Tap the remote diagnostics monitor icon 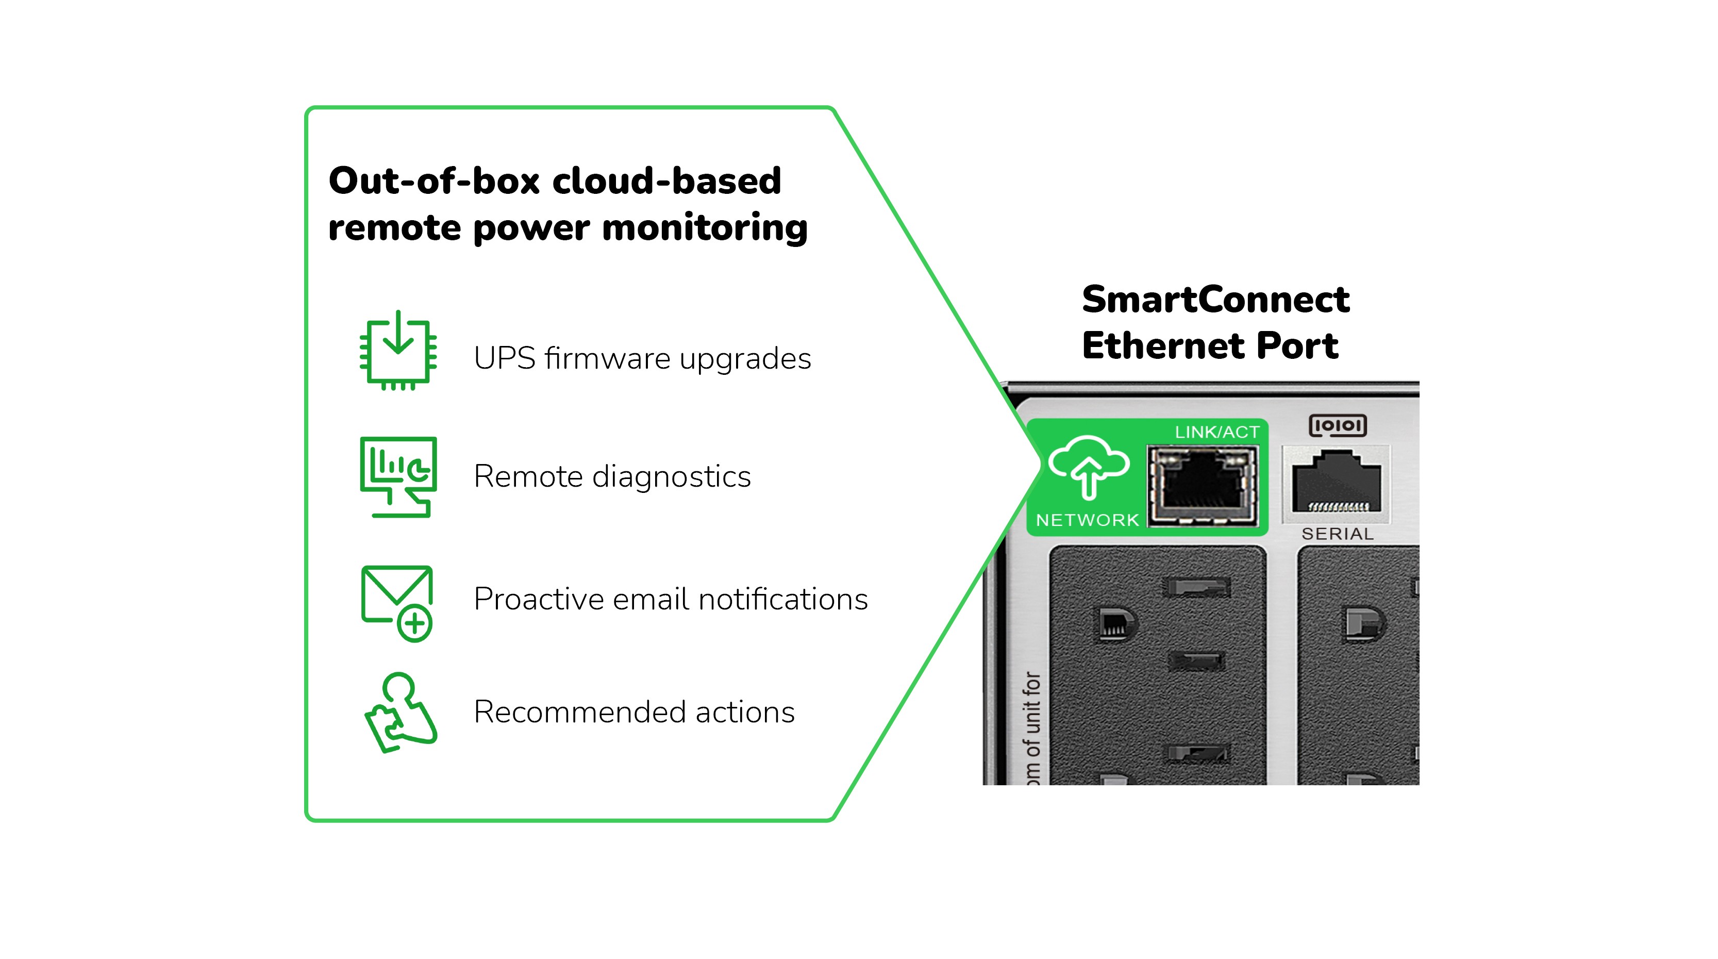pos(398,476)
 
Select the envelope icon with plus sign pos(397,602)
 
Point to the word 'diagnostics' pos(672,477)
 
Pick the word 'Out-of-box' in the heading pos(433,181)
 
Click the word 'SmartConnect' pos(1215,300)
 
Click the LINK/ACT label pos(1216,432)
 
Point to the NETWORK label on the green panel pos(1087,520)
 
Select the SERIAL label pos(1337,534)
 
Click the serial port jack pos(1336,482)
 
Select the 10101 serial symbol pos(1337,425)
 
